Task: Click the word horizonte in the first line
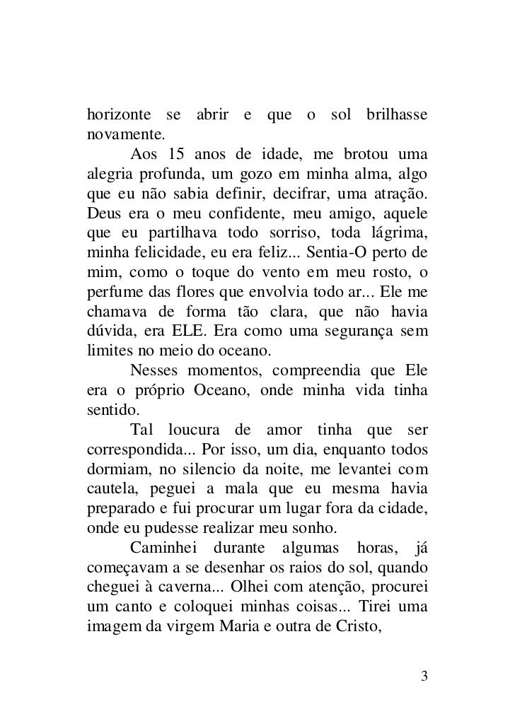[x=118, y=115]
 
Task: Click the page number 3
[x=424, y=676]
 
